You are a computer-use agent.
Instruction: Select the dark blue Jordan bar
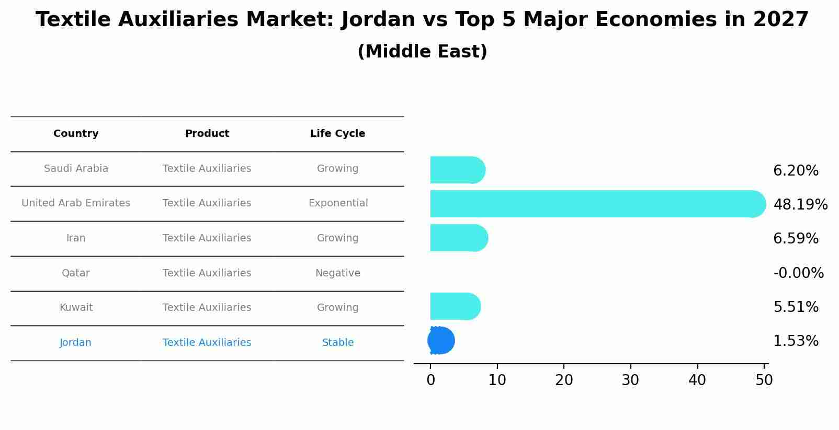[441, 341]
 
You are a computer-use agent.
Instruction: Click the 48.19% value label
[800, 204]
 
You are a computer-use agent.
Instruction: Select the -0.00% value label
[798, 273]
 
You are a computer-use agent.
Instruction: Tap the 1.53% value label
[796, 341]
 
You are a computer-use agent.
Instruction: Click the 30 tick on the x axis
[630, 380]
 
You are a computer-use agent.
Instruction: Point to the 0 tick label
[430, 380]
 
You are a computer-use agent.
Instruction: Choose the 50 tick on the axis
[764, 380]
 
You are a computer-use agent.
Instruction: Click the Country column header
[76, 134]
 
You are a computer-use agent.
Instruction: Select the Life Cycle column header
[337, 134]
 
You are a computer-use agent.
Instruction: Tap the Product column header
[207, 134]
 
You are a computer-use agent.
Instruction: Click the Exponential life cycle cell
[338, 203]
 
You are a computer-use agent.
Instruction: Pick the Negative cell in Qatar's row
[337, 273]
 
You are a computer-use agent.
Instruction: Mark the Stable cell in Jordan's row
[337, 343]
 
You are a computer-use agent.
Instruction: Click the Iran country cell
[76, 238]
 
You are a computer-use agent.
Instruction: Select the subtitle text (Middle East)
[422, 52]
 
